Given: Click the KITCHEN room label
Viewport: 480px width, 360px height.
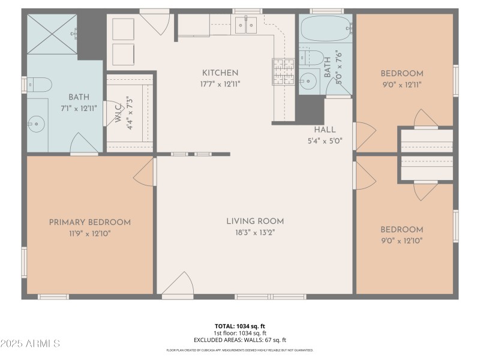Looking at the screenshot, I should (x=220, y=73).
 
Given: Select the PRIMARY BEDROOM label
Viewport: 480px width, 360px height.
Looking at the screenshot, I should (x=89, y=223).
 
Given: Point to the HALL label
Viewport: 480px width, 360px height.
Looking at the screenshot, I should (x=325, y=130).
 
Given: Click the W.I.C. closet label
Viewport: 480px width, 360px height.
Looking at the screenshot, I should (x=118, y=114).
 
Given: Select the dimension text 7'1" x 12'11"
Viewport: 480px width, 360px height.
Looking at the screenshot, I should (x=79, y=109).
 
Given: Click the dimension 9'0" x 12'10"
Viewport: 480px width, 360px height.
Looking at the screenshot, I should (x=401, y=241).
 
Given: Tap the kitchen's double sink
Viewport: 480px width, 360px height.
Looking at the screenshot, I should (x=245, y=25).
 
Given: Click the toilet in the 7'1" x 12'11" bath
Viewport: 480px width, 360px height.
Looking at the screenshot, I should (x=34, y=84).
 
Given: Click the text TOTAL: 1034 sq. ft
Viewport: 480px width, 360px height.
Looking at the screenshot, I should (x=239, y=326).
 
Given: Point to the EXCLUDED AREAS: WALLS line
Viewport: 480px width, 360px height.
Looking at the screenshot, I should (x=239, y=340).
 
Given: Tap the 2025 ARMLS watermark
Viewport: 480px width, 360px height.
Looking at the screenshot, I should (x=30, y=344).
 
